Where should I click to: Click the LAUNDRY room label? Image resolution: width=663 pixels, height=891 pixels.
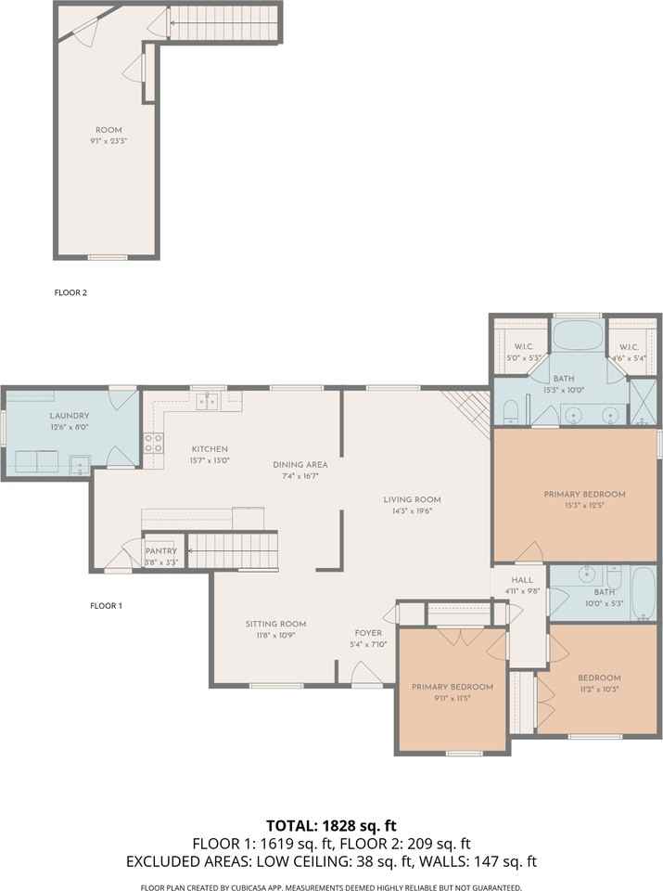click(x=70, y=416)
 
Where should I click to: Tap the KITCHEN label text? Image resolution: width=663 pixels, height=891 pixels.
click(x=210, y=449)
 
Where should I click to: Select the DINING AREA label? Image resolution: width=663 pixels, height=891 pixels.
click(x=300, y=465)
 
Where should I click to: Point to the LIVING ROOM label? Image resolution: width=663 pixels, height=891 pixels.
click(x=412, y=500)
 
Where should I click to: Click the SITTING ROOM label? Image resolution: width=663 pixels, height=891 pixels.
click(x=276, y=624)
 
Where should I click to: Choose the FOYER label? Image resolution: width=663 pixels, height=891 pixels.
click(x=368, y=633)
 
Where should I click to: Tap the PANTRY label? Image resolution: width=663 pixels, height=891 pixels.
click(x=161, y=551)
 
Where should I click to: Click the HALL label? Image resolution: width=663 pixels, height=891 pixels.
click(x=522, y=580)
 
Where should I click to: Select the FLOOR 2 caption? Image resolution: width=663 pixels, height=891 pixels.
click(x=70, y=292)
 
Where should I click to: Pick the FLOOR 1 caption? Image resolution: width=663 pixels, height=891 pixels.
click(x=106, y=606)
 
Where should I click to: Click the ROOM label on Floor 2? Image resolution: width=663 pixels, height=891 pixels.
click(x=109, y=130)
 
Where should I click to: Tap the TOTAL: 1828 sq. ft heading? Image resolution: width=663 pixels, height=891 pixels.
click(x=332, y=825)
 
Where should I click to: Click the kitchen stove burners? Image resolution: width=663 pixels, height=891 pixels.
click(x=153, y=443)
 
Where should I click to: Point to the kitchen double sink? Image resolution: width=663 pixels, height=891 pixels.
click(x=207, y=401)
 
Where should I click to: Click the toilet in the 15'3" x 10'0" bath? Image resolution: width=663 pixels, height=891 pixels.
click(x=510, y=411)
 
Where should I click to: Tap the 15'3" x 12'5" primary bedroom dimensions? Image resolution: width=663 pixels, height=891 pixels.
click(x=585, y=505)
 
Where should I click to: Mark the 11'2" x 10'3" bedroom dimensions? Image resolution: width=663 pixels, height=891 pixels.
click(x=599, y=689)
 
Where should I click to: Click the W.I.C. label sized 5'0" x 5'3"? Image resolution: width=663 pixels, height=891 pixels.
click(x=523, y=346)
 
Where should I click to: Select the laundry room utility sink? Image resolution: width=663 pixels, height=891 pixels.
click(x=80, y=464)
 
